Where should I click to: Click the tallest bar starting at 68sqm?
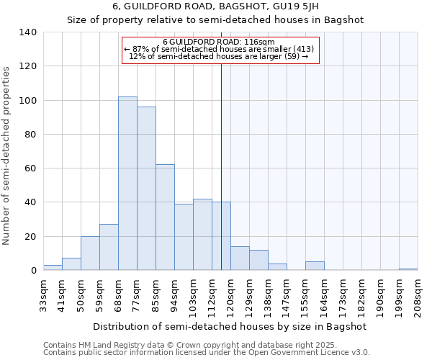(x=127, y=184)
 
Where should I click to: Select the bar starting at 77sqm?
(x=146, y=189)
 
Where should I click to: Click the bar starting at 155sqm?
(x=315, y=266)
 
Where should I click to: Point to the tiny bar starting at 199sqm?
(x=408, y=269)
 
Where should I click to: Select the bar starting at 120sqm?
(x=240, y=258)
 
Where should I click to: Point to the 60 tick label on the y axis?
(x=30, y=168)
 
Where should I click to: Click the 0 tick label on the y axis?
(x=33, y=271)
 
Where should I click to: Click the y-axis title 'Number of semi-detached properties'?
(x=6, y=155)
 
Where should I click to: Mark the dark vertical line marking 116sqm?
(x=221, y=166)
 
